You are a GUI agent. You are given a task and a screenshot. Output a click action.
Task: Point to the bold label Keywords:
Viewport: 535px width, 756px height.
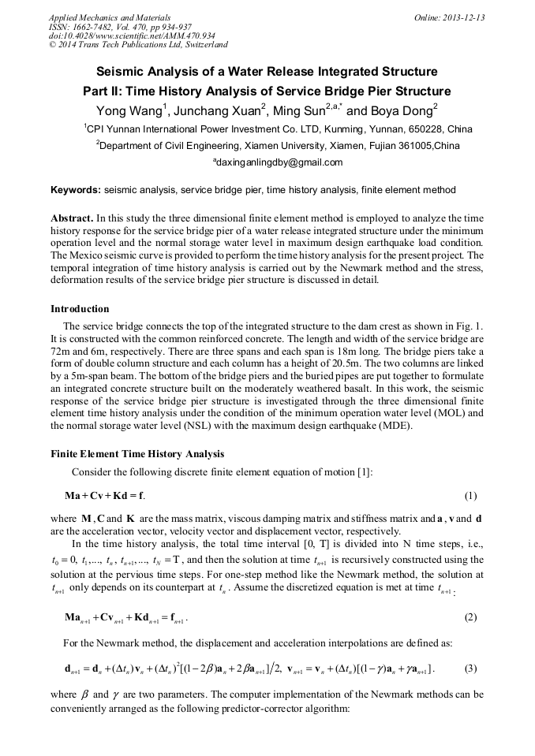point(76,190)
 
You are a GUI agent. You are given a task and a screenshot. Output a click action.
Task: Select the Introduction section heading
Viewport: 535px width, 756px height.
point(80,308)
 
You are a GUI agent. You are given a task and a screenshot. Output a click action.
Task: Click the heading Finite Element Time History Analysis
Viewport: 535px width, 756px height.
point(137,454)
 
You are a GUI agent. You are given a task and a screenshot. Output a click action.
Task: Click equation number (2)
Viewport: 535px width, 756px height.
point(471,617)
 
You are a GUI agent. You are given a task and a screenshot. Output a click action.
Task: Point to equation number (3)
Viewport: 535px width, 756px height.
point(471,668)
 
